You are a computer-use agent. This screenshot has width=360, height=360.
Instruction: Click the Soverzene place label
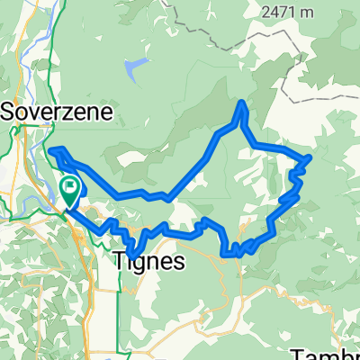(56, 112)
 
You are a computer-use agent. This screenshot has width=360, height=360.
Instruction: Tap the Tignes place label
(150, 261)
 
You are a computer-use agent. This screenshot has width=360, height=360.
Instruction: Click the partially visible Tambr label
(328, 353)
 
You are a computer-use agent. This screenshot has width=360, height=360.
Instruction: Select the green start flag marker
(70, 187)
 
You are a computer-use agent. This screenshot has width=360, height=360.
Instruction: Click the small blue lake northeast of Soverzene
(136, 67)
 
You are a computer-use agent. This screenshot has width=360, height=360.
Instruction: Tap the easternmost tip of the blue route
(310, 157)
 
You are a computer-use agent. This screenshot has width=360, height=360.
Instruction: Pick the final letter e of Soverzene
(107, 112)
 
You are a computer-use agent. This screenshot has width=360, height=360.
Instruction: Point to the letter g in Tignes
(141, 263)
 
